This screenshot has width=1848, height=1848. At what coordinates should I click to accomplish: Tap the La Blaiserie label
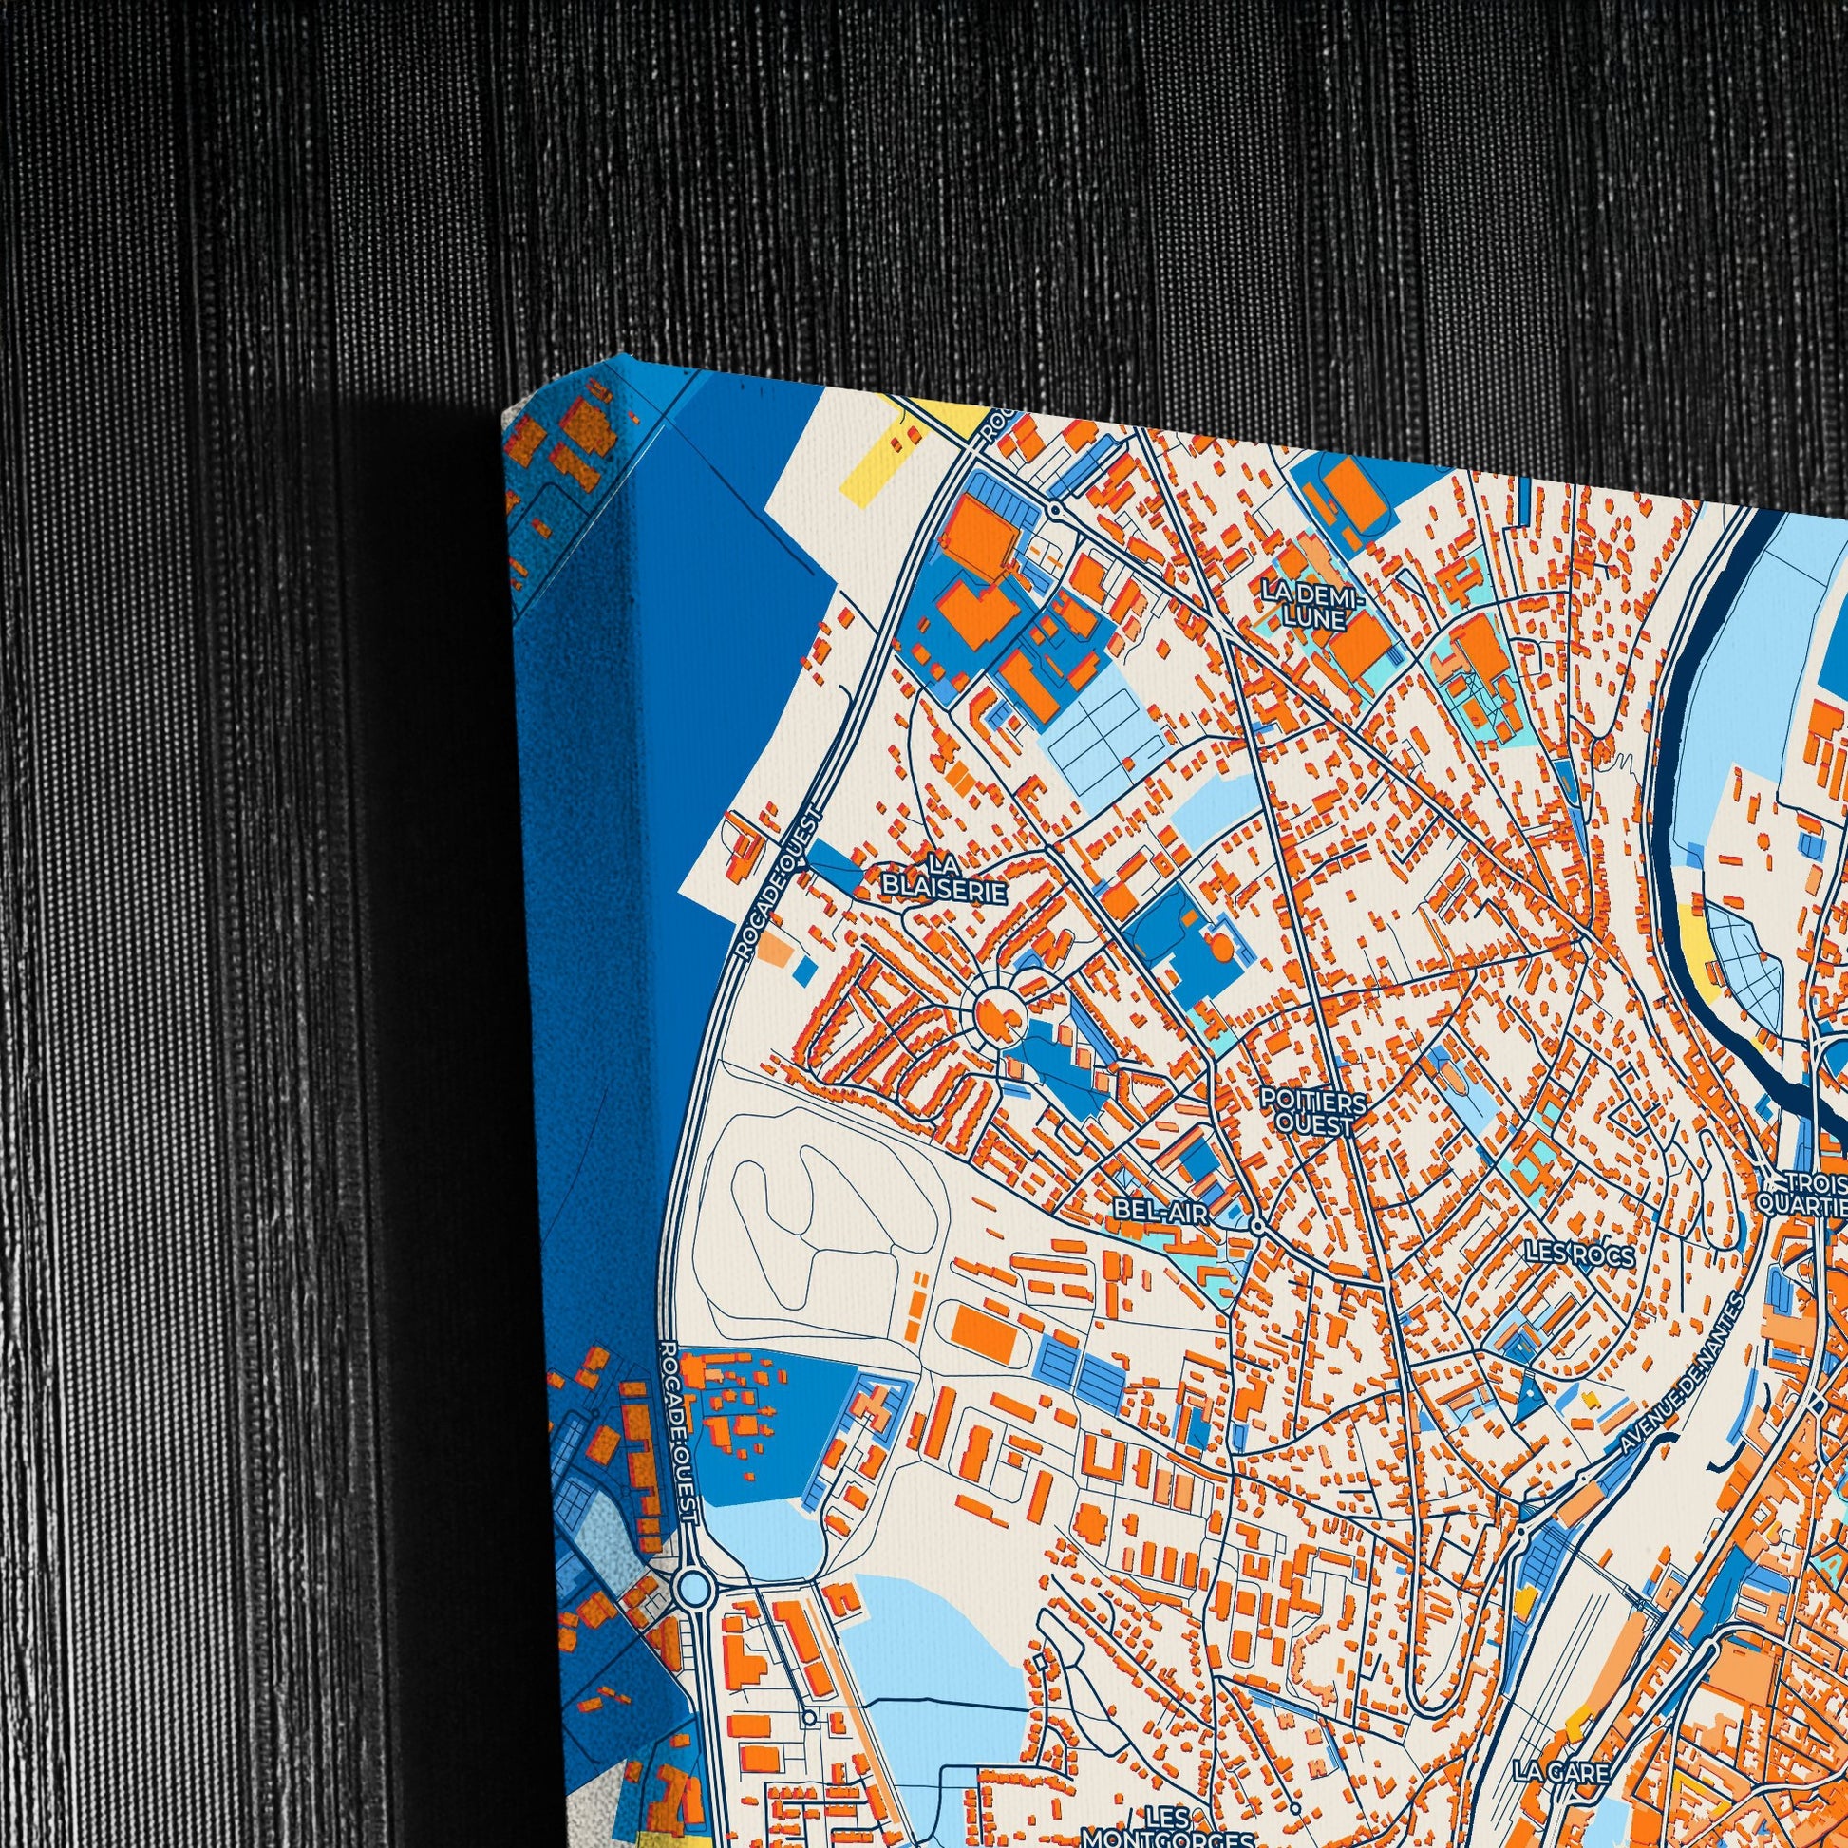[x=945, y=878]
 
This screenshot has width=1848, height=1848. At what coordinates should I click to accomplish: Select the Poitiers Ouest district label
[x=1311, y=1112]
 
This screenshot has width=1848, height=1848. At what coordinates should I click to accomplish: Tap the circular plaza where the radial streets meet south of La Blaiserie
[x=998, y=1011]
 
